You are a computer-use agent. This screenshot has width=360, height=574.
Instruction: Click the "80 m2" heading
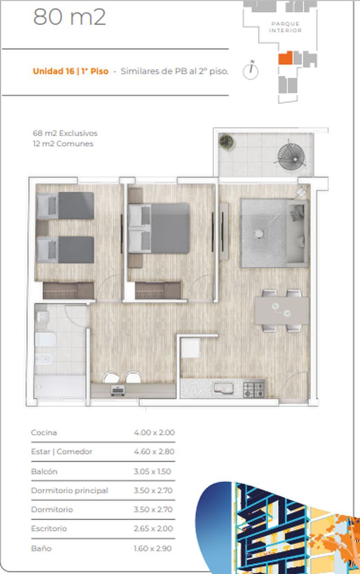69,17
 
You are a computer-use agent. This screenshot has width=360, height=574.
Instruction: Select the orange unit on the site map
285,58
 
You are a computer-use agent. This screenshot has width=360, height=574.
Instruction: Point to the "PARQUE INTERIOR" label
285,27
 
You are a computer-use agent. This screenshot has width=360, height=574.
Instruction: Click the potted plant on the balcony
226,142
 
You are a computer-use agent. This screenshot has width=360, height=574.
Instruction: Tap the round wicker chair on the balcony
291,156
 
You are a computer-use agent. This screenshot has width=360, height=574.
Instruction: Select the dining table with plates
282,310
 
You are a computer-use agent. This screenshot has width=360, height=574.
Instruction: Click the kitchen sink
224,388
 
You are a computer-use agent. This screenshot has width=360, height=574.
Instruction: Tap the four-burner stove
254,389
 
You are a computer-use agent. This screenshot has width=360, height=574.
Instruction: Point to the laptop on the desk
117,390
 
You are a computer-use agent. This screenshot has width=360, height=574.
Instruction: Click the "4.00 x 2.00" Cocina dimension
154,433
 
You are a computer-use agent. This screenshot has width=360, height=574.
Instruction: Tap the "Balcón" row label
44,471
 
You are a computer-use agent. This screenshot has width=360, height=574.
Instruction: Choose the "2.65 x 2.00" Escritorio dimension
153,529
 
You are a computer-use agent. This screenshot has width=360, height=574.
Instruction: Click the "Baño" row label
41,548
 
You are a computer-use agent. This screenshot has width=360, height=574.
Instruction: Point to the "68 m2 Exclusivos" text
65,133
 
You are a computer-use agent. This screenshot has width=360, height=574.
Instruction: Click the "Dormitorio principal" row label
69,491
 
